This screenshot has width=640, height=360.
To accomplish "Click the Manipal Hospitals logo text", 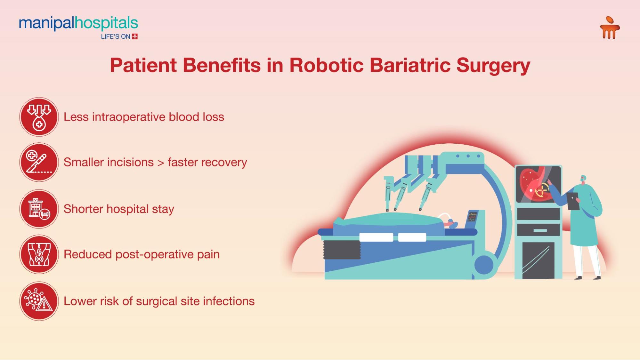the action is [78, 24].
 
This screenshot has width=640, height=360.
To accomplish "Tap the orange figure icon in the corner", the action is [610, 28].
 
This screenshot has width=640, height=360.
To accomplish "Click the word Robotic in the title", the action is [327, 65].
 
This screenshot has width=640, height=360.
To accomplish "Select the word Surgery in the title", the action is [493, 66].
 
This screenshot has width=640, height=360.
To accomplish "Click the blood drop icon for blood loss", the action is [39, 117].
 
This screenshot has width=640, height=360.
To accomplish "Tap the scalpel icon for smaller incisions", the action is [39, 162].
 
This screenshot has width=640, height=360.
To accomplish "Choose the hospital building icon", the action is [39, 209].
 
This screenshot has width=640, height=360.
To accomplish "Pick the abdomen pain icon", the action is [39, 254].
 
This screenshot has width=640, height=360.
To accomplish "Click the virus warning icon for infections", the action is [39, 301].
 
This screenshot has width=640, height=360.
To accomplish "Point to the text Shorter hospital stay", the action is [119, 209].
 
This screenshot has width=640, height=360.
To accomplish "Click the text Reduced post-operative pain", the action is [142, 254].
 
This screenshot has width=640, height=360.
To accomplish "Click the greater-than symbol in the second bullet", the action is [161, 163].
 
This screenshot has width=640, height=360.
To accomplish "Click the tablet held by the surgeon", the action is [573, 201].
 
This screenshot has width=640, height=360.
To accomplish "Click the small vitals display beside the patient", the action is [473, 216].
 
